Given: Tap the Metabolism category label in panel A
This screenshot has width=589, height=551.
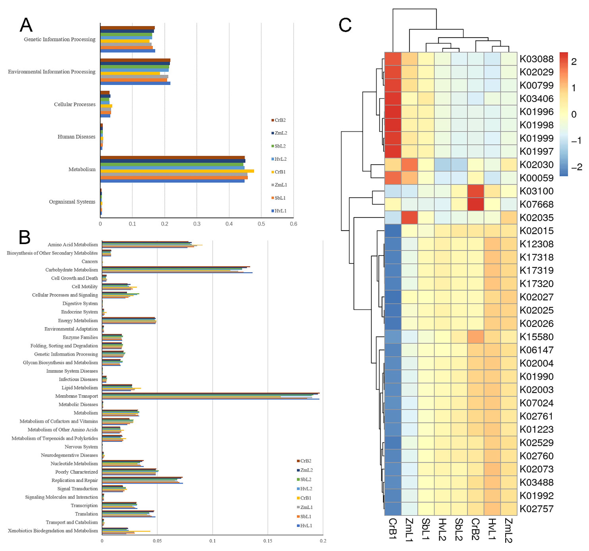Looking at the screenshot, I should coord(82,169).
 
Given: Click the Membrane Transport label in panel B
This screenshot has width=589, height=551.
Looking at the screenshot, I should coord(77,396).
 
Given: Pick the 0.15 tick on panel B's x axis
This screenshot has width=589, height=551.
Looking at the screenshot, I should coord(268,541).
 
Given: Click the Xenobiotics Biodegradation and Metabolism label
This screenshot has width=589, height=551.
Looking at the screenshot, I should coord(53,531).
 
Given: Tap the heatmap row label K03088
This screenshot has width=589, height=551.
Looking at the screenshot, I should coord(536,59).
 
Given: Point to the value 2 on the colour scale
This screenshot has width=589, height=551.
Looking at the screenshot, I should coord(574,62).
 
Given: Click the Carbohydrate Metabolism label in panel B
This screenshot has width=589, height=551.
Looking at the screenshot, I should coord(71,270).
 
